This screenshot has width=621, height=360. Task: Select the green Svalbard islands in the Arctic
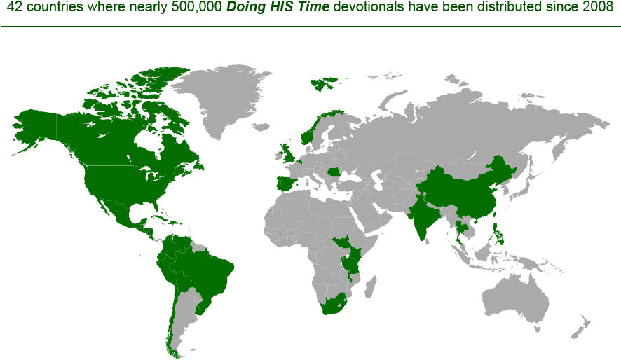click(324, 84)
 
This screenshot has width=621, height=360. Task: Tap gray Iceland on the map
click(261, 127)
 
